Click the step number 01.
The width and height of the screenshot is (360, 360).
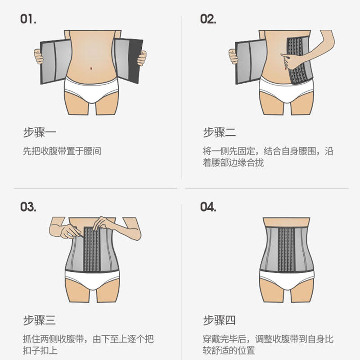28,19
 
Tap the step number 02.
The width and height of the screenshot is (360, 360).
208,19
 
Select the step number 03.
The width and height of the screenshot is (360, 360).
28,207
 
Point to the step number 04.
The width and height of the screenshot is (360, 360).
208,207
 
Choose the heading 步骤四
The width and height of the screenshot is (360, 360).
220,320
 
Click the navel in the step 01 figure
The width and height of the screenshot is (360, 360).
92,68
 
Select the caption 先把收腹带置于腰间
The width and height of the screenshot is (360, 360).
62,151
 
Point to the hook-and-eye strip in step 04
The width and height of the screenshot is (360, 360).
286,249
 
